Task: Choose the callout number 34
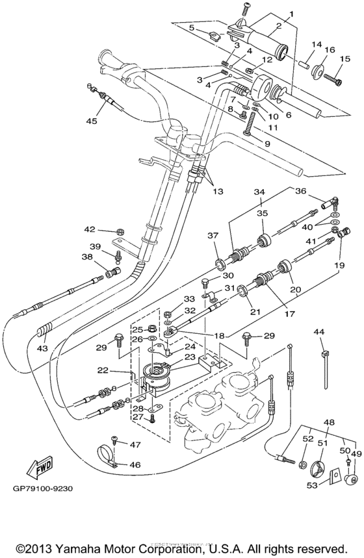pyautogui.click(x=260, y=192)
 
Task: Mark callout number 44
pyautogui.click(x=318, y=332)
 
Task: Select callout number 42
pyautogui.click(x=90, y=229)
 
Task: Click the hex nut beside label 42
pyautogui.click(x=120, y=231)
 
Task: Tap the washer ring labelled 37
pyautogui.click(x=220, y=263)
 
